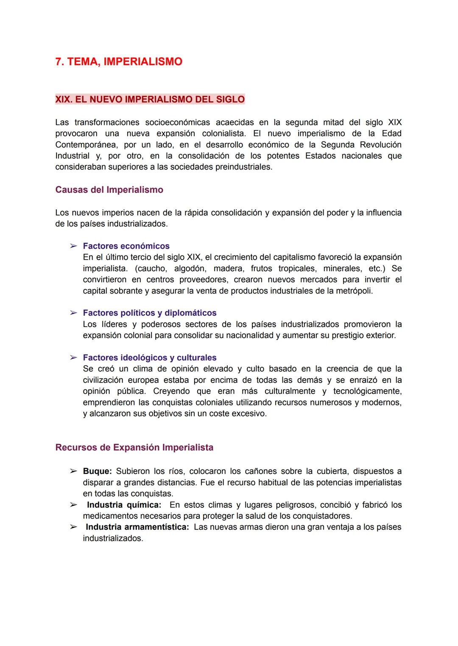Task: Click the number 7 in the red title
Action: [x=59, y=62]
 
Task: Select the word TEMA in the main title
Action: [x=83, y=62]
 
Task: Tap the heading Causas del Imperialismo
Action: [x=109, y=190]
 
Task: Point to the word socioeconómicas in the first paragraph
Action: [x=177, y=122]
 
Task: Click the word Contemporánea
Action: [x=86, y=145]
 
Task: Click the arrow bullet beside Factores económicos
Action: [x=73, y=246]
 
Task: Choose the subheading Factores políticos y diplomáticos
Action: [x=149, y=313]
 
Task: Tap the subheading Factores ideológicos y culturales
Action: [x=149, y=358]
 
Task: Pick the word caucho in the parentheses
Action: [x=150, y=269]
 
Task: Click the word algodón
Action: [x=190, y=269]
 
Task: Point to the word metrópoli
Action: [x=354, y=291]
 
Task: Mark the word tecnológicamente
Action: [x=367, y=391]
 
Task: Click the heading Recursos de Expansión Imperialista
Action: [x=134, y=448]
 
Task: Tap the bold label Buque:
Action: [x=97, y=471]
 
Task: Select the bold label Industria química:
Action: [x=124, y=505]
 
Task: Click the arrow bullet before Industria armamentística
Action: [x=73, y=527]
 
